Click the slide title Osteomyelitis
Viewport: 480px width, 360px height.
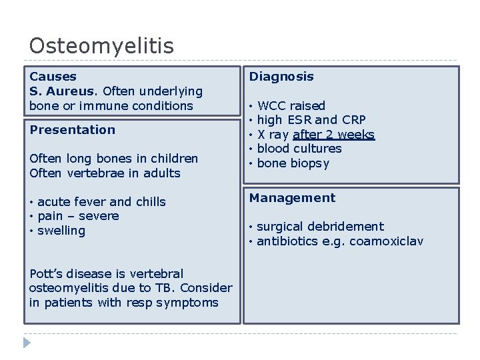(x=101, y=46)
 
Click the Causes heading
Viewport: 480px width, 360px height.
(x=53, y=77)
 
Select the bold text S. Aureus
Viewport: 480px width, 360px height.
(x=64, y=91)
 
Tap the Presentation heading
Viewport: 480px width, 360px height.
(x=72, y=129)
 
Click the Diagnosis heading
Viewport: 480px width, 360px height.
(x=281, y=77)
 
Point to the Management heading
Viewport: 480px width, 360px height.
(x=292, y=198)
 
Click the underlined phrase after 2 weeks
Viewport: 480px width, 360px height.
(x=333, y=135)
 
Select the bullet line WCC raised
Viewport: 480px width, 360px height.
(x=291, y=106)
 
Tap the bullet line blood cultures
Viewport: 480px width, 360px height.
(x=299, y=149)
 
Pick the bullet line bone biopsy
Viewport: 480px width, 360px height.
(x=293, y=163)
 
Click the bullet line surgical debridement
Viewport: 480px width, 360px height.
(x=320, y=227)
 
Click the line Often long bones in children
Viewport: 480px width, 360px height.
(x=113, y=159)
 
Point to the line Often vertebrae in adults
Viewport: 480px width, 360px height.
(x=105, y=173)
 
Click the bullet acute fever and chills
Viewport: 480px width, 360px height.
(x=101, y=202)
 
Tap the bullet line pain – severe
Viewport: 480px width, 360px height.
(x=78, y=216)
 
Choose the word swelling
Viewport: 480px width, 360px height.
(x=61, y=231)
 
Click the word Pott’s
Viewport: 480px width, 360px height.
(x=45, y=274)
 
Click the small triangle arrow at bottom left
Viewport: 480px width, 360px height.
(x=27, y=343)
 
